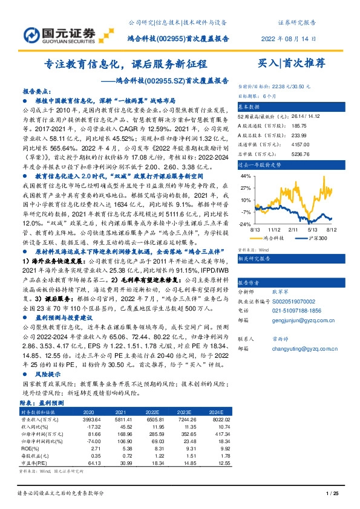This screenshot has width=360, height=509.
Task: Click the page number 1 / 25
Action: (x=330, y=494)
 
